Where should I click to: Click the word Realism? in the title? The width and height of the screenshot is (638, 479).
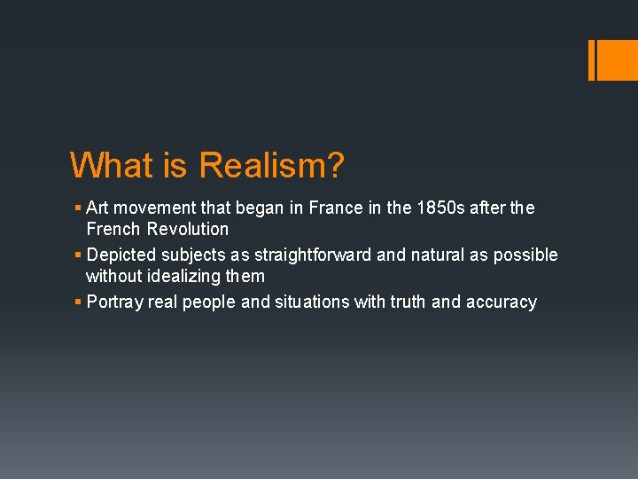click(272, 165)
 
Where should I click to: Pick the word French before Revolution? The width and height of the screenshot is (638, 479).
click(113, 229)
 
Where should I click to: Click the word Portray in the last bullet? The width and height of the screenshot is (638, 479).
click(115, 302)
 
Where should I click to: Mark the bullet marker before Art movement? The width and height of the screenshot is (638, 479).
click(78, 208)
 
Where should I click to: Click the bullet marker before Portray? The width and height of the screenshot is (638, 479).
click(78, 302)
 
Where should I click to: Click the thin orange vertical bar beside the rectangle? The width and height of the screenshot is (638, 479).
click(592, 60)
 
